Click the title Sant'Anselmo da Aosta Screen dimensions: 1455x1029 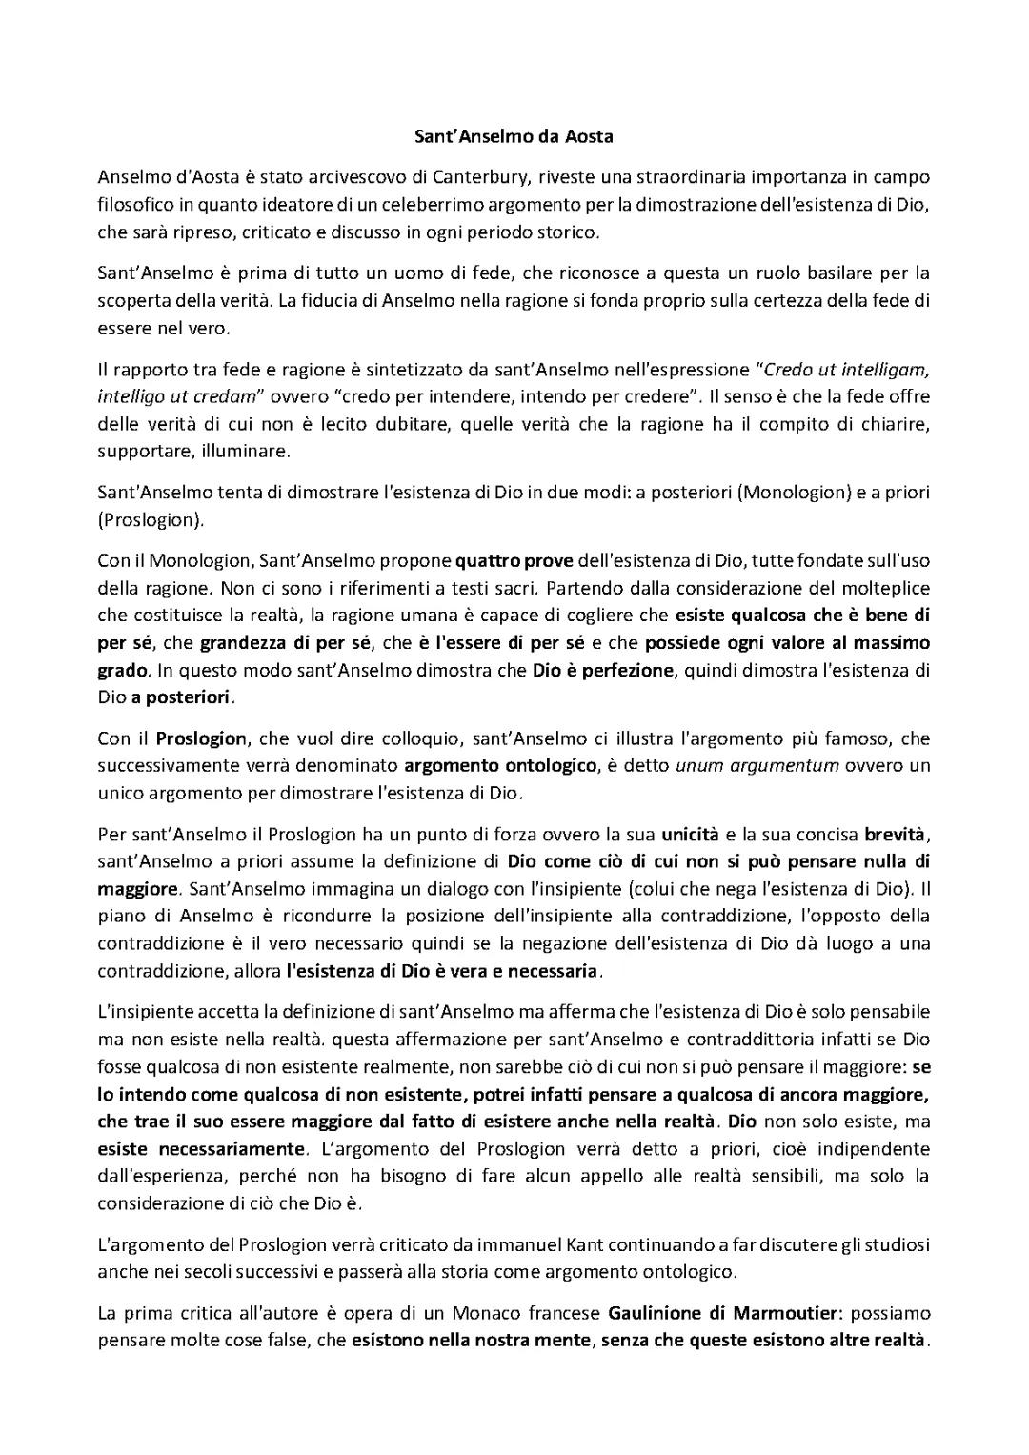pos(514,136)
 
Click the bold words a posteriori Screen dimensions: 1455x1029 pos(182,697)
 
